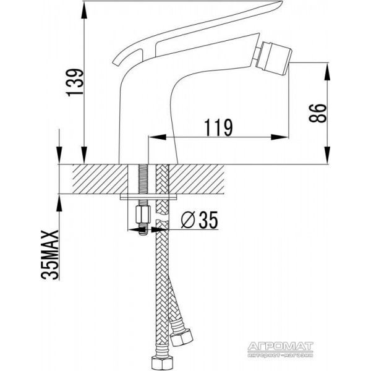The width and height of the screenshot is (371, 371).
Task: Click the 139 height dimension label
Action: coord(75,82)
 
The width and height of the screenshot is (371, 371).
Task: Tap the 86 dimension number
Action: coord(318,113)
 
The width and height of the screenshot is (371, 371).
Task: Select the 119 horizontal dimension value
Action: coord(218,128)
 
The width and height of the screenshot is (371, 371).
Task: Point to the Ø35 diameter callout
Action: coord(199,220)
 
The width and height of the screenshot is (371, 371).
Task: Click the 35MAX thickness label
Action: coord(49,255)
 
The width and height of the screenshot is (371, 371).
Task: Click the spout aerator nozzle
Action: coord(273,58)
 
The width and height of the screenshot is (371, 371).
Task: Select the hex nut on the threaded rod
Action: coord(143,215)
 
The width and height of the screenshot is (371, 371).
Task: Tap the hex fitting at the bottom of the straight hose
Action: coord(161,364)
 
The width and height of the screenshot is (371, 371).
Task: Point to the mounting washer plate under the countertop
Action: coord(149,197)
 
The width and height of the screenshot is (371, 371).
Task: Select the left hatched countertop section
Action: coord(100,179)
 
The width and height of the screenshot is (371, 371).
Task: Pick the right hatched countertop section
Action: coord(197,179)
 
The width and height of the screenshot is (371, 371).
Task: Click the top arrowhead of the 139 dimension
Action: coord(84,11)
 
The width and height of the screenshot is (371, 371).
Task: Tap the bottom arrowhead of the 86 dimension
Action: coord(327,155)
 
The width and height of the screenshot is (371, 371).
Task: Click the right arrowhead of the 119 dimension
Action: coord(280,137)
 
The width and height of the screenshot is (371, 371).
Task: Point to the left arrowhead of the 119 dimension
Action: coord(157,137)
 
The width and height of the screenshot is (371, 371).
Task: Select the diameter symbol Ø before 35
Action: coord(187,220)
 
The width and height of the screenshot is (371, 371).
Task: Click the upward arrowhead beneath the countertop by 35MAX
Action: coord(59,203)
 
